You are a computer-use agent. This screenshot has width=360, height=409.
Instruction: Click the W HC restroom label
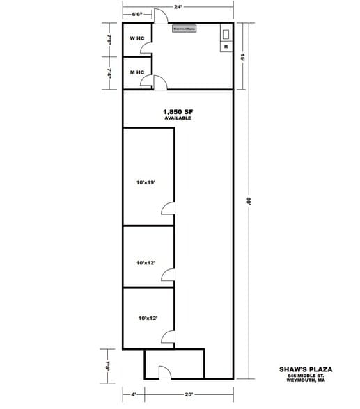point(137,38)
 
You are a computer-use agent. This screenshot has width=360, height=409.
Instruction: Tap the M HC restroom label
point(137,72)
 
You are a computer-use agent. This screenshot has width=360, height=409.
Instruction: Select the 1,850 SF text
point(177,111)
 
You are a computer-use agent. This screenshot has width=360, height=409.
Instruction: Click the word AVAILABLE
point(177,118)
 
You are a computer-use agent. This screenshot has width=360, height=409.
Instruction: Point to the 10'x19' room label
point(146,182)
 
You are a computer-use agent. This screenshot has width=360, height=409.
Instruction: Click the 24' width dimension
point(178,6)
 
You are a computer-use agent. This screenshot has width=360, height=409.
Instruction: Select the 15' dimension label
point(243,59)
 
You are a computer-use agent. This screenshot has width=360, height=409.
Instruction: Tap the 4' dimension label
point(134,394)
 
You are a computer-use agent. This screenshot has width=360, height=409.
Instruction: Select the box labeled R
point(226,47)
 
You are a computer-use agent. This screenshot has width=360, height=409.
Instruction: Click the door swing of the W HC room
point(146,47)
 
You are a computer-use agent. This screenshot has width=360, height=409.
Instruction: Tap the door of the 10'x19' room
point(168,209)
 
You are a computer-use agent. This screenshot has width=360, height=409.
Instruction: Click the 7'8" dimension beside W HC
point(110,39)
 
